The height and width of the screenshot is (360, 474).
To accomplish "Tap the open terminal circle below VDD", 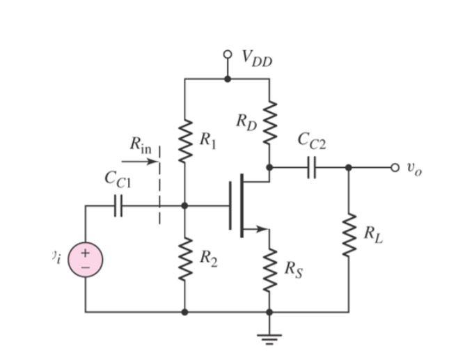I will click(227, 54).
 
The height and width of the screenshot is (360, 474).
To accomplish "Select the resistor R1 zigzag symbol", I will click(184, 140).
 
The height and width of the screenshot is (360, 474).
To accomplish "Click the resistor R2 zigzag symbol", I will click(184, 258).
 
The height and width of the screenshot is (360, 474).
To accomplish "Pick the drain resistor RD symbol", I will click(269, 122).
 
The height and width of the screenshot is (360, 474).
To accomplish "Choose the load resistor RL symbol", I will click(349, 235).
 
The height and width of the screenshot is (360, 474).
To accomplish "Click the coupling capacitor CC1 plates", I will click(118, 205).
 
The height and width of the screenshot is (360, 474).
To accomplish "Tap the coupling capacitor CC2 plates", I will click(311, 167).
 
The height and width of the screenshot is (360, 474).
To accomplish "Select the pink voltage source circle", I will click(86, 259).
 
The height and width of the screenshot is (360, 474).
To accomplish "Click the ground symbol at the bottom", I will click(269, 339).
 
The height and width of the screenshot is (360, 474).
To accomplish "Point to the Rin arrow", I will click(143, 162).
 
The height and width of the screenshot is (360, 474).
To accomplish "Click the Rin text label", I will click(140, 144).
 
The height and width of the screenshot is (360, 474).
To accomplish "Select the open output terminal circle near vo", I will click(395, 167).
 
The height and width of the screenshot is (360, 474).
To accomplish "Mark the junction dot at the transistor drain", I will click(269, 167).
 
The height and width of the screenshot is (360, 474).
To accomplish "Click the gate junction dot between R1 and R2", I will click(184, 205).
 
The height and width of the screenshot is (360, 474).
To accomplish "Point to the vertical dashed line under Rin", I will click(159, 185).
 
